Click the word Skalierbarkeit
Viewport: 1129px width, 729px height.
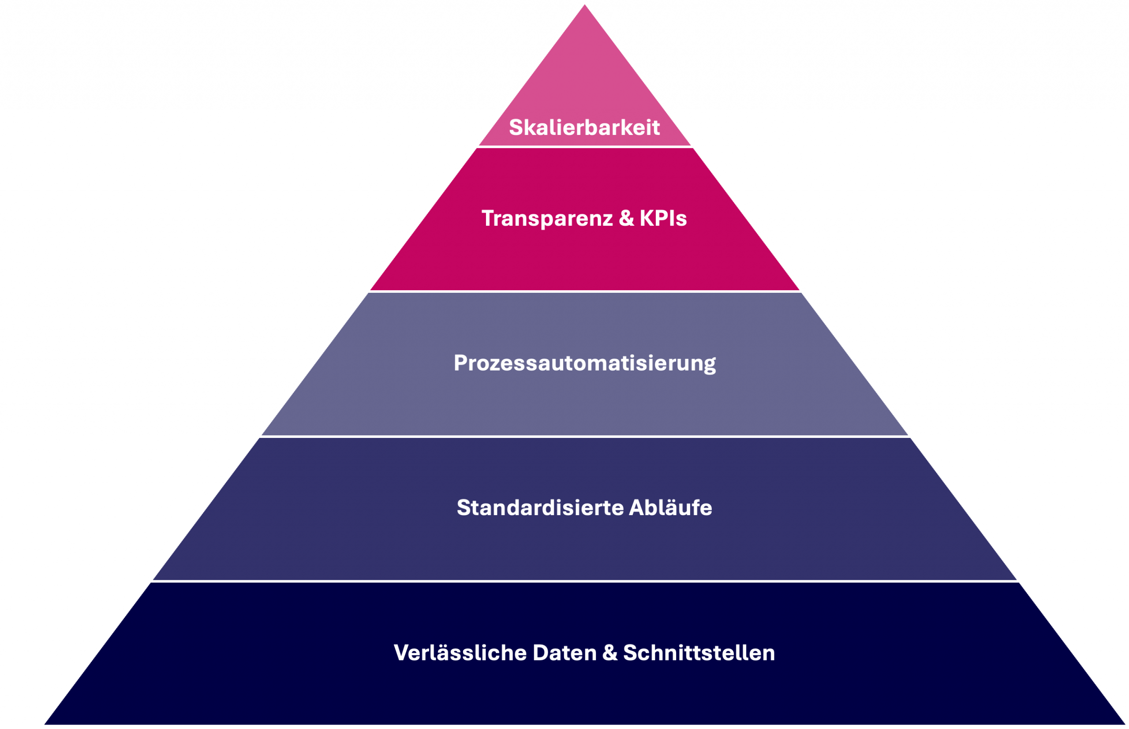(x=584, y=127)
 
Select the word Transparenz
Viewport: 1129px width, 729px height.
(x=547, y=218)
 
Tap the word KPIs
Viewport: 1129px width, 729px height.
(x=663, y=218)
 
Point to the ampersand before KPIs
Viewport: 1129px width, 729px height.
(x=626, y=218)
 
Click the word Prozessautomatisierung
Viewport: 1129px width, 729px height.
(x=584, y=363)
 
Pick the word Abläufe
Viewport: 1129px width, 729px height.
(x=670, y=508)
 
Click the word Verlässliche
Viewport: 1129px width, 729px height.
(x=460, y=653)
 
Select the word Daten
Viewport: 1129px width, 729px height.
(x=565, y=653)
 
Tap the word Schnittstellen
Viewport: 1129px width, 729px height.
(x=699, y=653)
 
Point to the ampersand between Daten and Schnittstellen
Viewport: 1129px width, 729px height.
(x=610, y=653)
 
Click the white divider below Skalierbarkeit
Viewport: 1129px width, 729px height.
(x=585, y=147)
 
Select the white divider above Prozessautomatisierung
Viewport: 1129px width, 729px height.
(x=585, y=292)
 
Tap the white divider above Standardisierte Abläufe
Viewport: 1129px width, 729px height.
(x=585, y=437)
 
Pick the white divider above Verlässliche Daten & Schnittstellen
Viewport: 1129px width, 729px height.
(x=585, y=581)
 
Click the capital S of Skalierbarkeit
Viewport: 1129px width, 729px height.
(x=516, y=127)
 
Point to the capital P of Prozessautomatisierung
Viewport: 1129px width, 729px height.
(x=460, y=363)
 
